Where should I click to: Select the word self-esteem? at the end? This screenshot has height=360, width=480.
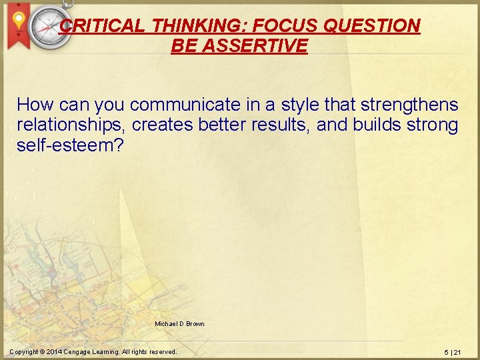[x=70, y=145]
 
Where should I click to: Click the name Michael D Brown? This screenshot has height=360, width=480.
[x=179, y=324]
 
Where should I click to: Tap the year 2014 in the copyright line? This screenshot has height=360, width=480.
[x=55, y=351]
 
